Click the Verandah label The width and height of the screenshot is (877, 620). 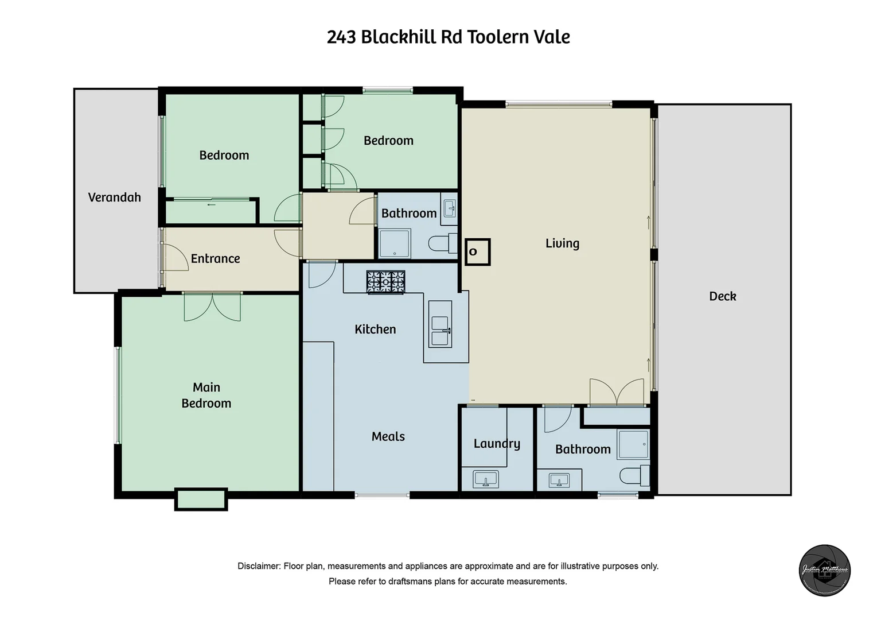click(x=114, y=197)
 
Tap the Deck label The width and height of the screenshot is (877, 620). click(x=722, y=296)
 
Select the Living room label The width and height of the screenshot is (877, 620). click(x=562, y=243)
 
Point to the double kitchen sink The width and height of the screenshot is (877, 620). click(x=440, y=331)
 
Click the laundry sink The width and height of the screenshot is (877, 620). click(x=486, y=479)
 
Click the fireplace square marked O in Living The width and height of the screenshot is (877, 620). click(x=477, y=252)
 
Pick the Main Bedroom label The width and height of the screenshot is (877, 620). click(x=206, y=396)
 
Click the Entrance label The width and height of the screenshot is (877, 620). click(x=215, y=259)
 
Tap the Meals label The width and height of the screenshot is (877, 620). click(x=388, y=437)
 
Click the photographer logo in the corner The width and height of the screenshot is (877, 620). click(x=825, y=570)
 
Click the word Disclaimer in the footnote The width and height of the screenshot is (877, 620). click(x=258, y=566)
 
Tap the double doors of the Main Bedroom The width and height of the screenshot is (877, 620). click(x=212, y=307)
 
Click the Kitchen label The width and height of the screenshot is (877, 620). click(x=375, y=330)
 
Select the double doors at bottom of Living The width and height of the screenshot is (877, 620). click(x=617, y=392)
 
